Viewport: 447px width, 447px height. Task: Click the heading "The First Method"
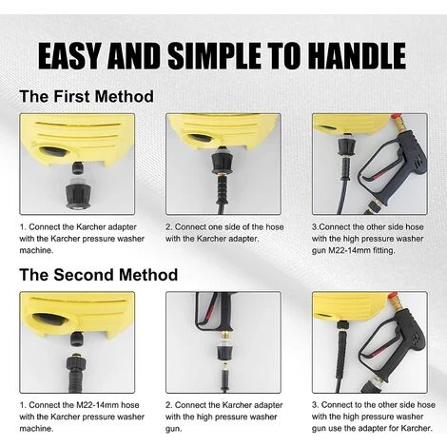pos(87,96)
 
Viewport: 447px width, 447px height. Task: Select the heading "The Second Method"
pos(99,275)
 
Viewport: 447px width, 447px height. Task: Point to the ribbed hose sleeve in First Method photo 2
pos(223,188)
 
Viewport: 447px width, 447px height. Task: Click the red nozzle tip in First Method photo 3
pos(396,118)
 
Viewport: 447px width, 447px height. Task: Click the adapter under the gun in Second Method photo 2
pos(223,351)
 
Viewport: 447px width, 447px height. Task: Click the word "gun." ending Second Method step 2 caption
pos(174,429)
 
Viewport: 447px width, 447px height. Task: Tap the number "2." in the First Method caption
pos(169,227)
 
